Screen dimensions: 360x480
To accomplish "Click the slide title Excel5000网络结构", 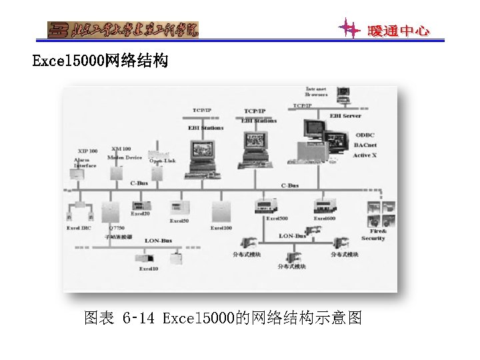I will [x=101, y=62].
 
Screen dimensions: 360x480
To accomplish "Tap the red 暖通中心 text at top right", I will [x=399, y=31].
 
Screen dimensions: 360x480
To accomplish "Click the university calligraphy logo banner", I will [x=123, y=29].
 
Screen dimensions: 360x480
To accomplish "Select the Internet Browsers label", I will [x=317, y=91].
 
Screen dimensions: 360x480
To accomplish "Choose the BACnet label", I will [x=365, y=145].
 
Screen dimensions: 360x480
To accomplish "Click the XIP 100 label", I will [x=87, y=151].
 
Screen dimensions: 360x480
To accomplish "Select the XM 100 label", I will [x=121, y=149].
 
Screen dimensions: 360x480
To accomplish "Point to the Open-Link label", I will [x=163, y=161].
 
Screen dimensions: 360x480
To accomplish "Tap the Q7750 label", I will [x=117, y=228].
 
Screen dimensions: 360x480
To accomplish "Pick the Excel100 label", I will [x=221, y=228].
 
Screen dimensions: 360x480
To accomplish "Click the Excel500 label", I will [x=277, y=219].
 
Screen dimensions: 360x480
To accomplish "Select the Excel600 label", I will [x=325, y=219].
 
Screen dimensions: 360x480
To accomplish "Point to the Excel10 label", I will [x=149, y=269].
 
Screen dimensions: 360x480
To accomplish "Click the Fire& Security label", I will [x=373, y=235].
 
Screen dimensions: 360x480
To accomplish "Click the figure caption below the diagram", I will [x=223, y=319].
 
